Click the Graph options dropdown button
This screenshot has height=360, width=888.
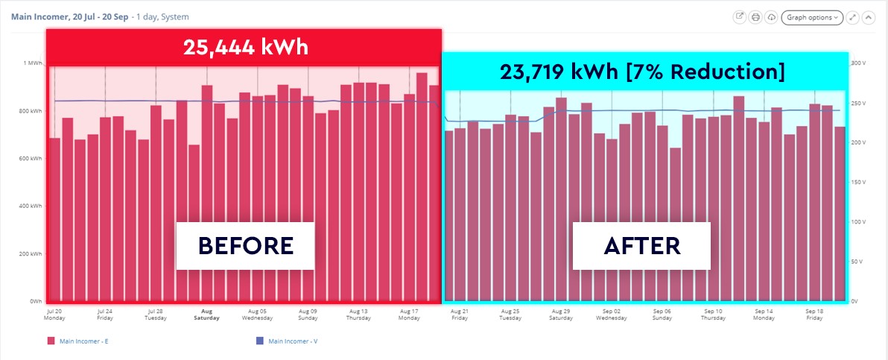(811, 16)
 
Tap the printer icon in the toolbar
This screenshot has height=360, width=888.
(755, 16)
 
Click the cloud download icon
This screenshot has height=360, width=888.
(771, 16)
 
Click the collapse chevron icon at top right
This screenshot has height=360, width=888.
(868, 16)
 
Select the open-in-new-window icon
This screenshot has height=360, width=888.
(740, 16)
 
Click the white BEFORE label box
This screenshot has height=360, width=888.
(245, 245)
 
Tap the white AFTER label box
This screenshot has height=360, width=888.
(641, 245)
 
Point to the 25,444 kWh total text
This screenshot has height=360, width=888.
(245, 48)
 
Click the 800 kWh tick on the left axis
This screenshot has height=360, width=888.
(31, 111)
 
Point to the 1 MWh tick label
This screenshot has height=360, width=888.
(33, 63)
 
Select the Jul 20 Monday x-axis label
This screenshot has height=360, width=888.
(54, 314)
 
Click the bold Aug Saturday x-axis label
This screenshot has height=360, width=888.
(206, 314)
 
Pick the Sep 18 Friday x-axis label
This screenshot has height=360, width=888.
(814, 314)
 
